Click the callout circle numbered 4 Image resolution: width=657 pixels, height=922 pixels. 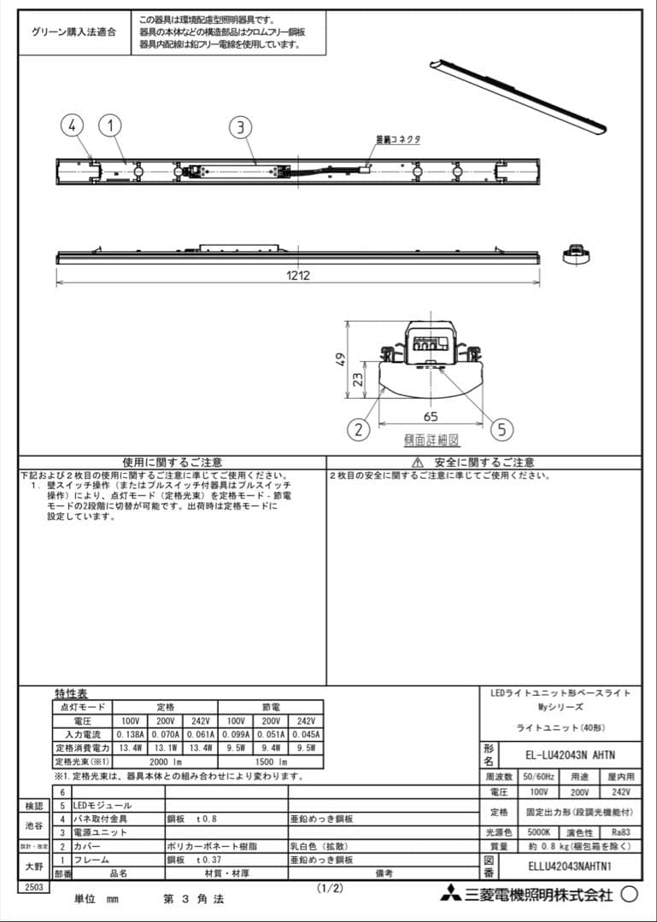72,126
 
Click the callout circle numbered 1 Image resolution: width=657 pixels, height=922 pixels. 109,126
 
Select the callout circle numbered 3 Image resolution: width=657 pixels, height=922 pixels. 241,128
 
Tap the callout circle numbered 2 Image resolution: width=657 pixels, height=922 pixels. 360,429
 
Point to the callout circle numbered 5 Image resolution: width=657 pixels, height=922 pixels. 502,429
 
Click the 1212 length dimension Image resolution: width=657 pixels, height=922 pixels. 298,275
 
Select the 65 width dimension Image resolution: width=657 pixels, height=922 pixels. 431,417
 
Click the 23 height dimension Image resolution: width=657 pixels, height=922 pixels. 360,377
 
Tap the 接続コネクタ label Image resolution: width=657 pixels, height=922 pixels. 398,139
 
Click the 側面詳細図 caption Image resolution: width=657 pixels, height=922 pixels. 431,441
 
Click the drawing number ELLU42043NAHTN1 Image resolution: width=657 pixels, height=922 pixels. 569,866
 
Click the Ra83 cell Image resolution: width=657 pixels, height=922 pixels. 622,832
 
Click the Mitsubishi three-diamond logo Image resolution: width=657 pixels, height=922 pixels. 450,895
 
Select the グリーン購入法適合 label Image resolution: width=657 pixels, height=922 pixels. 73,32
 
